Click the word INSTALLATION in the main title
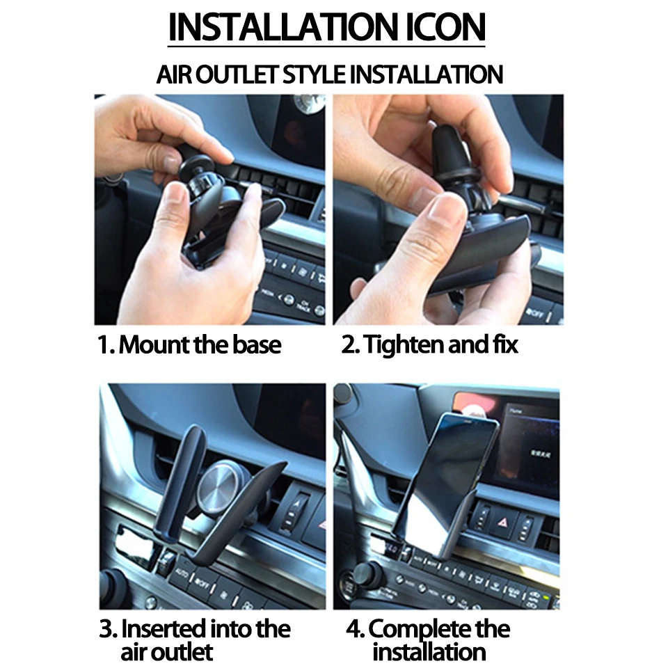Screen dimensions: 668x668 [284, 27]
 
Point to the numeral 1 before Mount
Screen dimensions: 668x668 [104, 345]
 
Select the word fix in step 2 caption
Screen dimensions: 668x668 [506, 344]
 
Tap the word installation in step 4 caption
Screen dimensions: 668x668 [429, 652]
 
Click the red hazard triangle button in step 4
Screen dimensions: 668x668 [502, 521]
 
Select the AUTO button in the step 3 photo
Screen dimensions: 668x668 [182, 572]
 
